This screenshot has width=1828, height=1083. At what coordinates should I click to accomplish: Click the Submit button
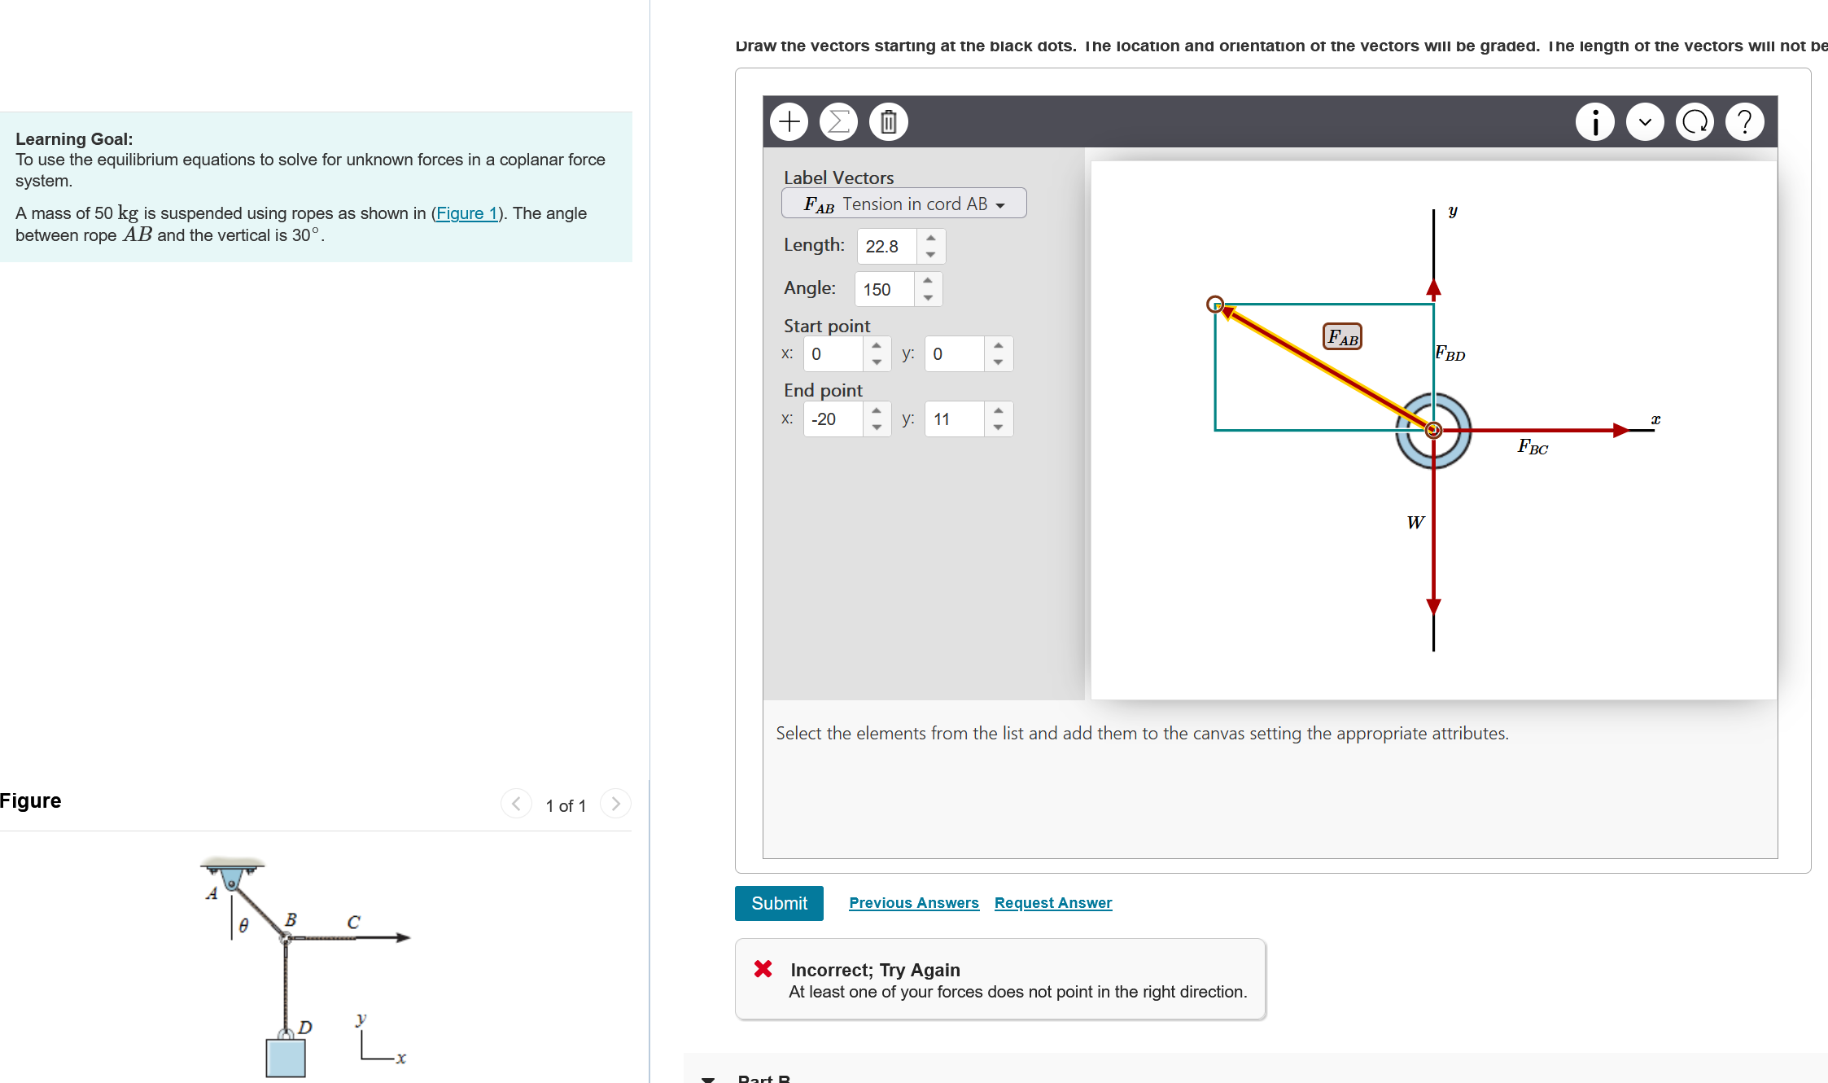[x=779, y=903]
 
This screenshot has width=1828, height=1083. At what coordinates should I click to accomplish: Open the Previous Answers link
[x=913, y=903]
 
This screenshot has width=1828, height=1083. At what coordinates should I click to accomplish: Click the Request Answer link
[x=1052, y=903]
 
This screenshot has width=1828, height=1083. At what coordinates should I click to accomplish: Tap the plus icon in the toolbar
[x=789, y=122]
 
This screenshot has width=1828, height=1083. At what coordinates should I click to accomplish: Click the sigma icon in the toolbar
[x=838, y=122]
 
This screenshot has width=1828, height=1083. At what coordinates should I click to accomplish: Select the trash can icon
[x=888, y=122]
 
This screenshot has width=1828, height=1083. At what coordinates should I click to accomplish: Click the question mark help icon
[x=1744, y=122]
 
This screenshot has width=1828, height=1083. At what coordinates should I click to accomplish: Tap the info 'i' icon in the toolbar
[x=1594, y=122]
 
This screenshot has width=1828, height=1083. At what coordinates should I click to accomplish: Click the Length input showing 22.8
[x=887, y=246]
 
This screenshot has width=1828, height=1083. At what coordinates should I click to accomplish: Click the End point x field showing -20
[x=833, y=419]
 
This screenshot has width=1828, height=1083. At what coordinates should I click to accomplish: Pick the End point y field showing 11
[x=954, y=419]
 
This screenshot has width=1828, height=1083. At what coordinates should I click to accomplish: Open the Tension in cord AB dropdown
[x=903, y=204]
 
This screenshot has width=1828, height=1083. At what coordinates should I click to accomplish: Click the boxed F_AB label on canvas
[x=1342, y=336]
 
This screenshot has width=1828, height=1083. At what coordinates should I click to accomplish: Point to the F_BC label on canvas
[x=1533, y=446]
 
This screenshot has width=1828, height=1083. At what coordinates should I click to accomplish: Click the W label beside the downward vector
[x=1415, y=523]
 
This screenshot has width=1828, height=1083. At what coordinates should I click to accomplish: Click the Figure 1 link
[x=466, y=213]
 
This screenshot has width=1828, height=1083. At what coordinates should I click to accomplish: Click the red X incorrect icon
[x=763, y=969]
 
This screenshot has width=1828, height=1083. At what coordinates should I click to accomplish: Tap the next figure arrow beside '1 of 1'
[x=615, y=804]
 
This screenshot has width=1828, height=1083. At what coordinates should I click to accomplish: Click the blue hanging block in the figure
[x=286, y=1058]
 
